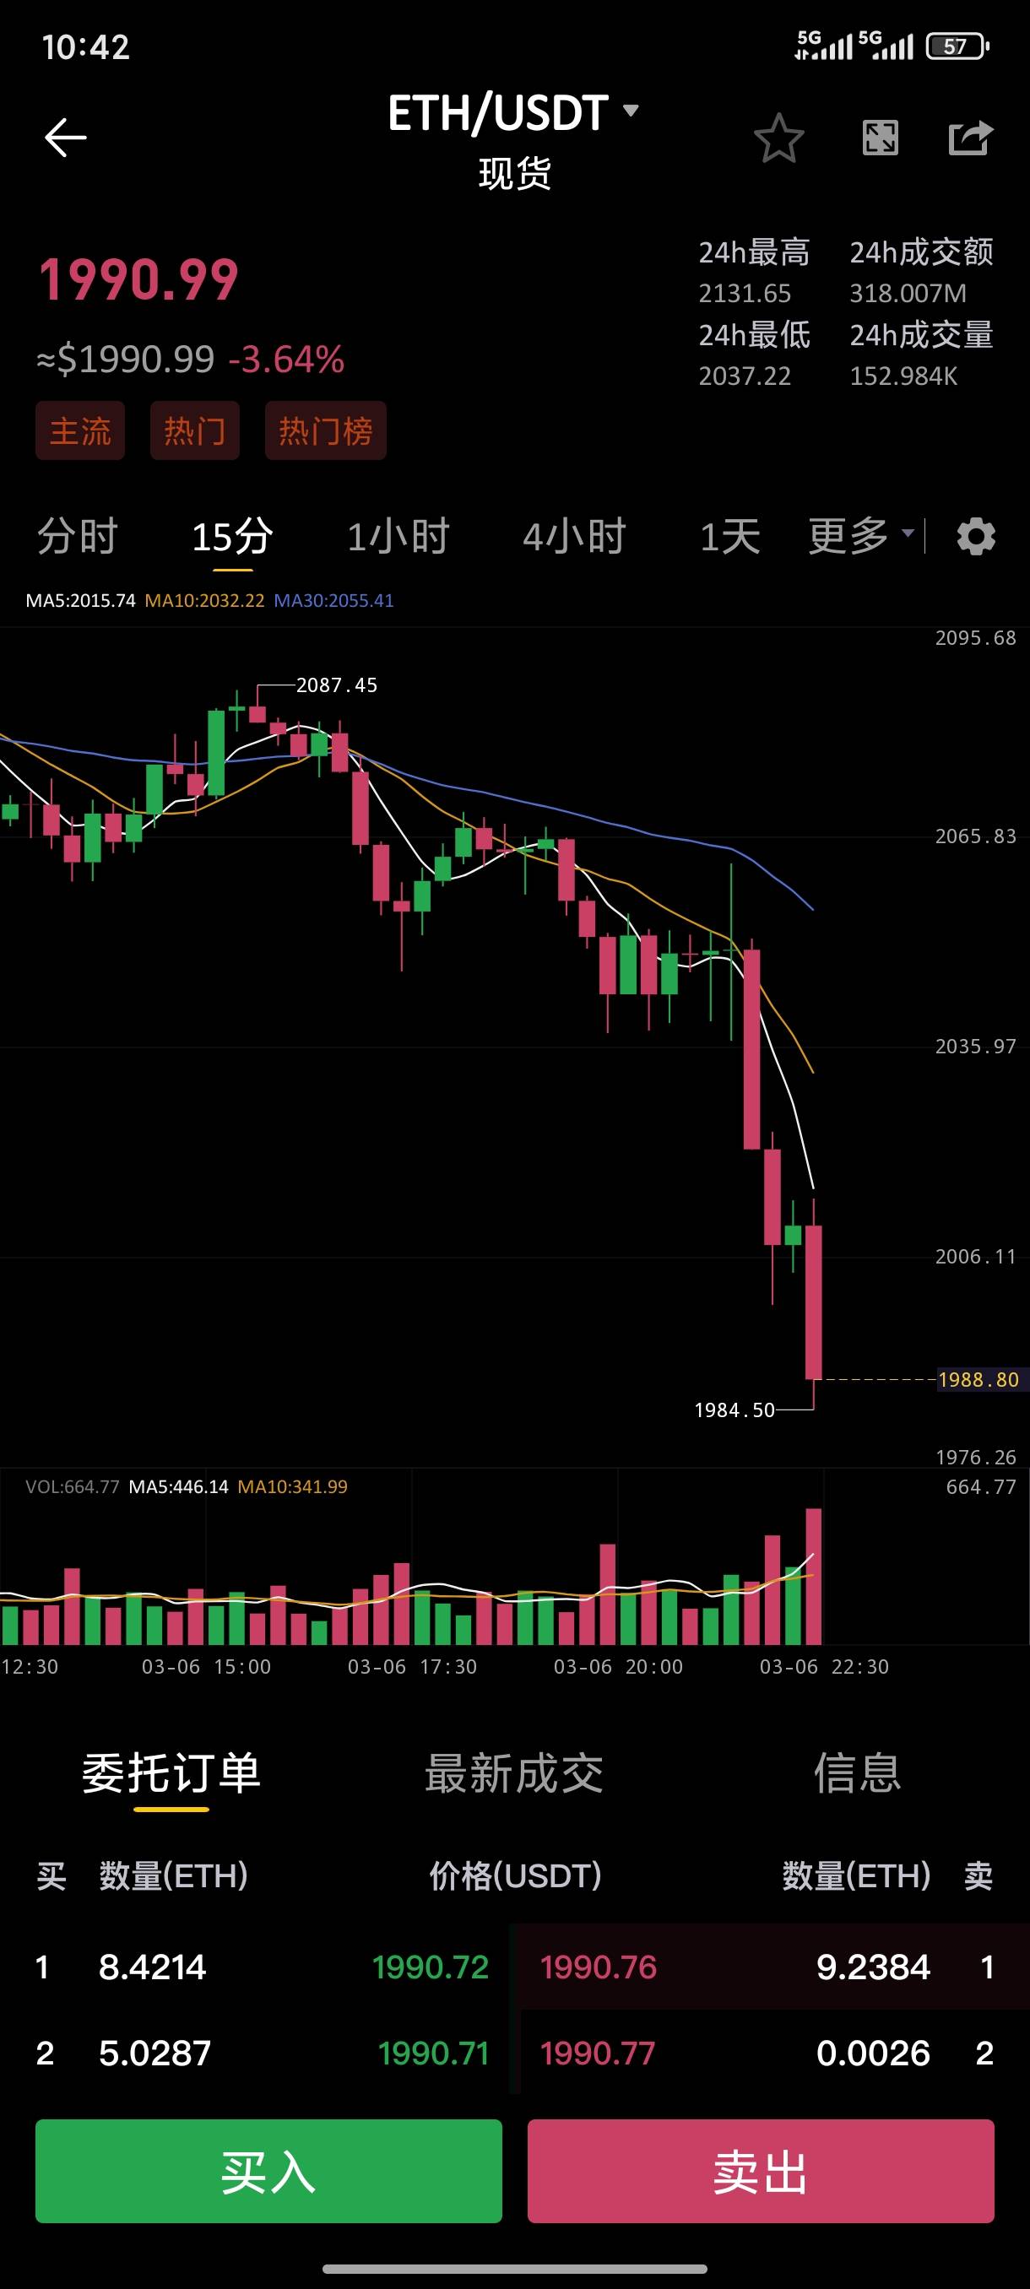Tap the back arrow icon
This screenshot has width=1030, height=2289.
pos(66,138)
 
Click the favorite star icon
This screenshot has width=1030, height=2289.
pos(778,138)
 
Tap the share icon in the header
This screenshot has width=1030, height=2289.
pos(969,138)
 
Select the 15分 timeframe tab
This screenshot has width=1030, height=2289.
pos(232,537)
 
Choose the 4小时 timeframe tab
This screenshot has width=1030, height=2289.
pos(574,537)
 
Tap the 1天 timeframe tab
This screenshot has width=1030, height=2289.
pos(729,537)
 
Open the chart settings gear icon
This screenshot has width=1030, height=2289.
pos(976,537)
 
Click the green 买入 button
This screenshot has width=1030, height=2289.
pos(268,2171)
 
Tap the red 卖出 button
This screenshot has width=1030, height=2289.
pos(761,2171)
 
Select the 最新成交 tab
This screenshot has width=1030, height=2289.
pos(514,1772)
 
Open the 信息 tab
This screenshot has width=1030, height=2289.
pos(858,1772)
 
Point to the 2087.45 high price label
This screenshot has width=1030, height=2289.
pos(336,685)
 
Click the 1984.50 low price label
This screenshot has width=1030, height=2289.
pos(734,1410)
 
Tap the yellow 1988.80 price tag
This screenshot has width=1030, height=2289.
pos(979,1380)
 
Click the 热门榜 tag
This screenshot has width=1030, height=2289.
pos(325,431)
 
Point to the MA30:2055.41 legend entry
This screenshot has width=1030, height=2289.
pos(333,601)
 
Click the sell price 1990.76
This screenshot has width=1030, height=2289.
pos(598,1967)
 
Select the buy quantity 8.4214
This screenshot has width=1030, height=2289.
pos(153,1967)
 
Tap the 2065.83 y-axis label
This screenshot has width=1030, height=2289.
pos(975,836)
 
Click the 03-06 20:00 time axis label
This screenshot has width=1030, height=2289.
pos(619,1667)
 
